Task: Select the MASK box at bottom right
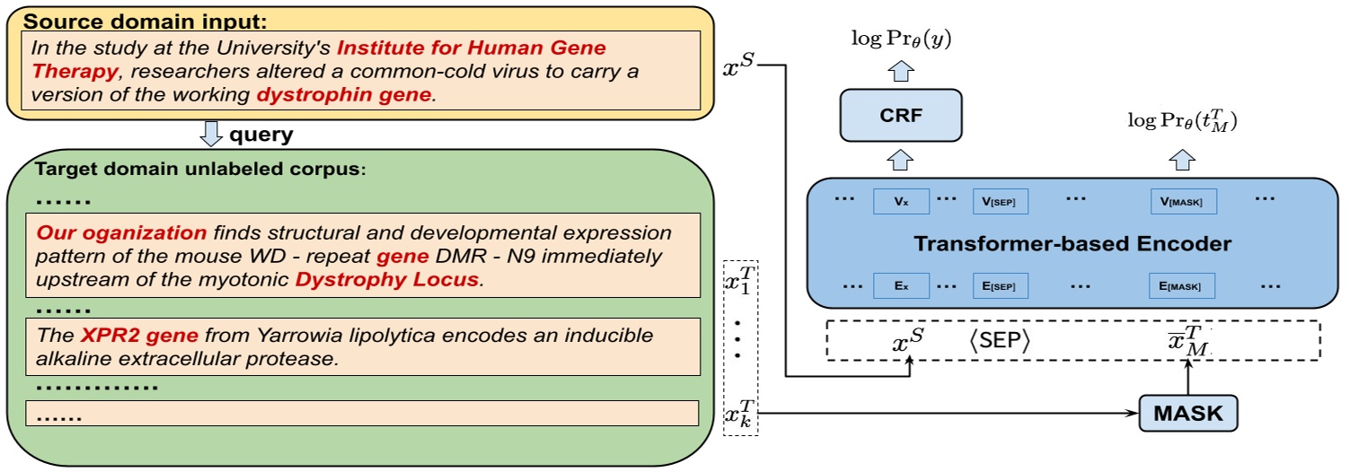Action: [1187, 414]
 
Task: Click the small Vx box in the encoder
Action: [901, 201]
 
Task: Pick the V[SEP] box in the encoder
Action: [1000, 201]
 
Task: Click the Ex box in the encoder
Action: [901, 286]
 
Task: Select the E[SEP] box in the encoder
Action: [1000, 286]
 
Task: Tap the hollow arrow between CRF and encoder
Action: [901, 160]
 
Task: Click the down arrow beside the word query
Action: [210, 135]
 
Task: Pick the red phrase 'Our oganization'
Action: [121, 233]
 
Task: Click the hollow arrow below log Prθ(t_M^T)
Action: [1183, 160]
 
